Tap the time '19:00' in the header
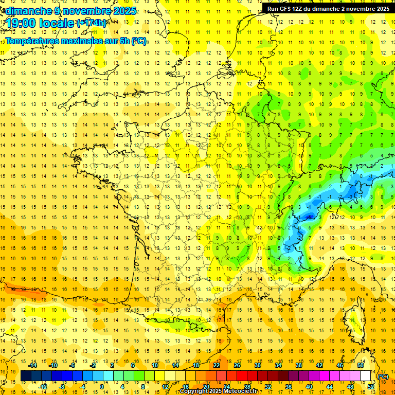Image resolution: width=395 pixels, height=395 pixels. (x=24, y=23)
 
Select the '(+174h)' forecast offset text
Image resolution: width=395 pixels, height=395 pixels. (x=91, y=23)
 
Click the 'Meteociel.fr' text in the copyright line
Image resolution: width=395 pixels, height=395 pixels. (x=242, y=391)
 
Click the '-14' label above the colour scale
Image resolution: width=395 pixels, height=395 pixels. (x=33, y=365)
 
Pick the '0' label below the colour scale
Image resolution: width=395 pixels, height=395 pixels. (x=101, y=386)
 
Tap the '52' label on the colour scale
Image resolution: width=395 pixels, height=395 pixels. (x=370, y=386)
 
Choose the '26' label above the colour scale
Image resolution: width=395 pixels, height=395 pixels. (x=237, y=365)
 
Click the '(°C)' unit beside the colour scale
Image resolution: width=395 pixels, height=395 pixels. (x=383, y=376)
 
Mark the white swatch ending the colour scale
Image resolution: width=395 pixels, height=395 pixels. (x=366, y=376)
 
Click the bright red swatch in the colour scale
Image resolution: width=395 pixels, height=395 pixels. (x=242, y=376)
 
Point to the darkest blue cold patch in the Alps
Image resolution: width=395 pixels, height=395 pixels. (x=309, y=217)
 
